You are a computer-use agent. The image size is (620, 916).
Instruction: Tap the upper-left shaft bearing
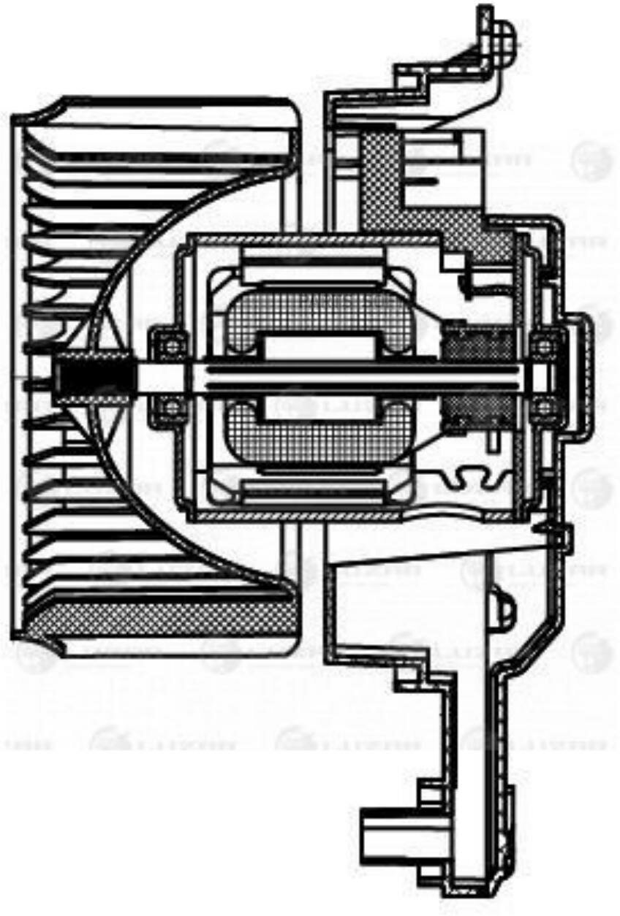pyautogui.click(x=170, y=344)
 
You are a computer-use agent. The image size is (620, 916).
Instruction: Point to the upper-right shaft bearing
pyautogui.click(x=544, y=344)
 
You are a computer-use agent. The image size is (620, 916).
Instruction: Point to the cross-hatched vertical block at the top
pyautogui.click(x=380, y=175)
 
